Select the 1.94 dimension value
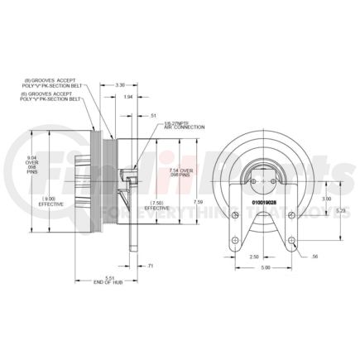[x=127, y=98]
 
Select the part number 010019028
[x=258, y=200]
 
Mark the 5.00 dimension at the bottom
[x=262, y=268]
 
